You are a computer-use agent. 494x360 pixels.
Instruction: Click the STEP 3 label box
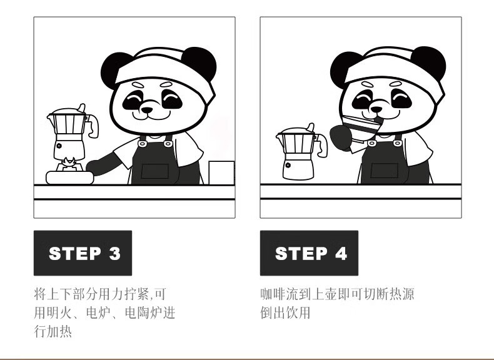click(x=83, y=253)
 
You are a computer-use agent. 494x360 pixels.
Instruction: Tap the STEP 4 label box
click(x=309, y=253)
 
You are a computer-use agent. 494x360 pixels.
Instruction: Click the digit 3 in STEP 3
click(x=115, y=253)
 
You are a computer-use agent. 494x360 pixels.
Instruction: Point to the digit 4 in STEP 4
click(x=341, y=253)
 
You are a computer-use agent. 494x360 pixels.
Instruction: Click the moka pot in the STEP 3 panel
click(x=71, y=132)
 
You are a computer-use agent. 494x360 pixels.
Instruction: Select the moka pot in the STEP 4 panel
click(x=300, y=152)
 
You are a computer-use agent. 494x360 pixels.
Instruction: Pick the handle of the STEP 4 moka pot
click(x=322, y=145)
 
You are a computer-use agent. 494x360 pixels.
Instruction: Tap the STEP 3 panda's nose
click(x=147, y=110)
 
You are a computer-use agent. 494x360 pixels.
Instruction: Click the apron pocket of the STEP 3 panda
click(x=155, y=171)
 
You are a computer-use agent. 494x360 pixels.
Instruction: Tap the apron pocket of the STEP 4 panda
click(x=384, y=171)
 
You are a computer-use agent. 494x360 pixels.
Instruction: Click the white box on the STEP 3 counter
click(x=221, y=172)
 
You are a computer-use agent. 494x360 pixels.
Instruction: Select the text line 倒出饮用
click(x=285, y=313)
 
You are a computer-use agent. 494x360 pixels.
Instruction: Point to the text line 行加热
click(x=53, y=332)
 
